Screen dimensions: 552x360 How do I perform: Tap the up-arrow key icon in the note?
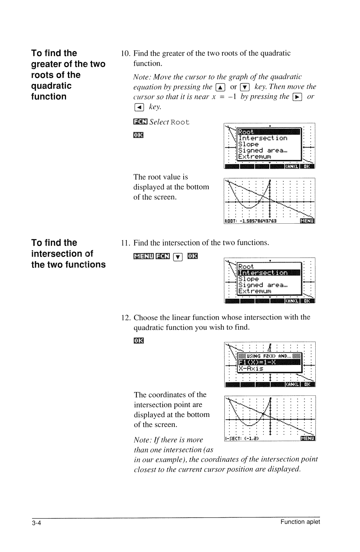220,87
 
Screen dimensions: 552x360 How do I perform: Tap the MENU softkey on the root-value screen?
307,221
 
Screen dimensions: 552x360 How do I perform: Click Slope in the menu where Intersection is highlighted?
249,279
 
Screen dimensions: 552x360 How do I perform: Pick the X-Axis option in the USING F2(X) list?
251,369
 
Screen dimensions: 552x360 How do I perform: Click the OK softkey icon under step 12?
138,341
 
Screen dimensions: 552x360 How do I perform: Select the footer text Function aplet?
300,522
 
